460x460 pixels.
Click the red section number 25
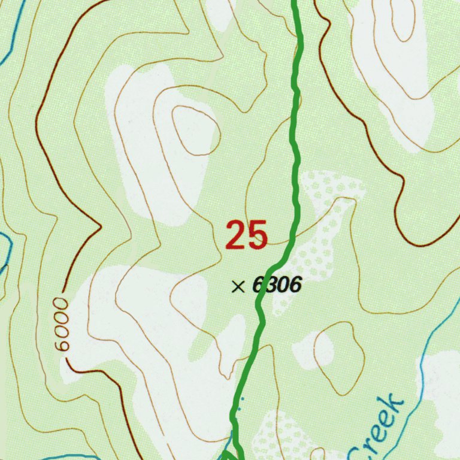(246, 235)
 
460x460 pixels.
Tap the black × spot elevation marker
(238, 287)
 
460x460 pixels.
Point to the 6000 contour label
(62, 324)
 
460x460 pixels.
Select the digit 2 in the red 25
(235, 235)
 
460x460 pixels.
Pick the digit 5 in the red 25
(258, 235)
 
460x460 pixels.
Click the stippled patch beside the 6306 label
(317, 240)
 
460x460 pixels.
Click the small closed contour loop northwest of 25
(195, 129)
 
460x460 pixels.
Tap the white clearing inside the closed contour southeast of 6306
(324, 350)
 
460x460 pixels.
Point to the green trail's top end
(294, 4)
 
